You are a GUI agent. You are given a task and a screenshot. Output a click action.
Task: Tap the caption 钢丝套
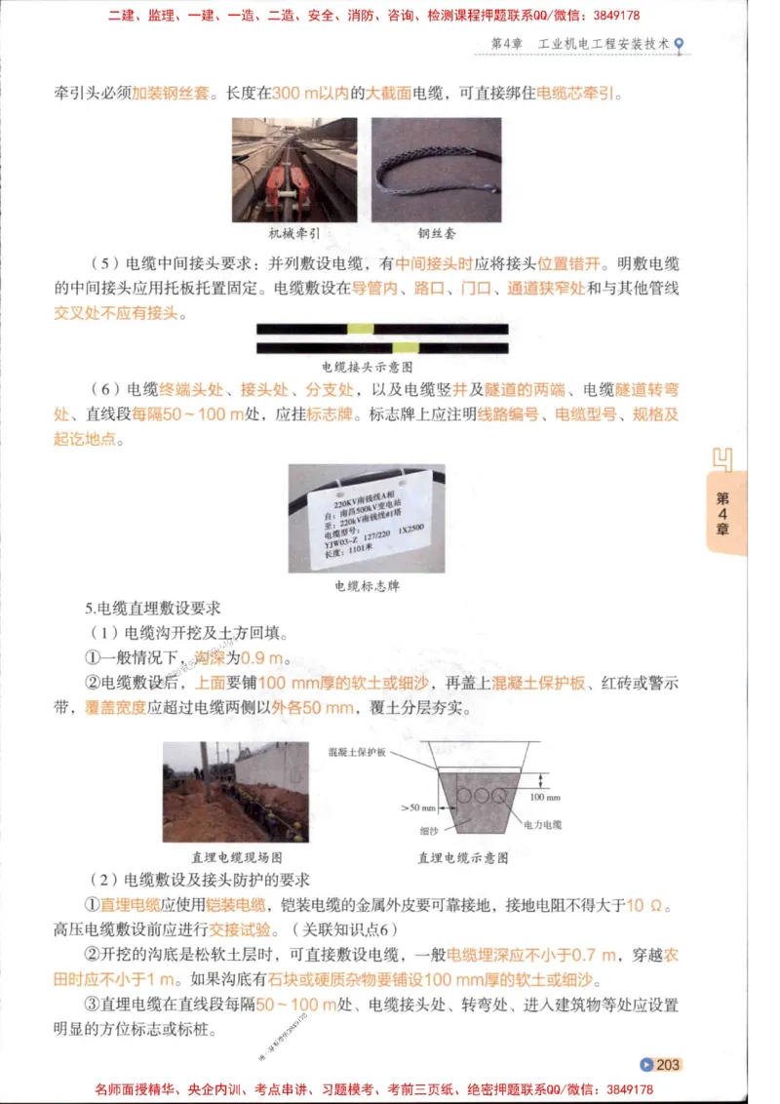click(436, 234)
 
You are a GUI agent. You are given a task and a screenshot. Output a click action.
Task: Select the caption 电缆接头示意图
click(368, 367)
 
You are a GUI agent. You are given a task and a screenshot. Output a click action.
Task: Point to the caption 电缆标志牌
click(367, 586)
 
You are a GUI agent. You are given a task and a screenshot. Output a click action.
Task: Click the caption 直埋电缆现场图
click(237, 857)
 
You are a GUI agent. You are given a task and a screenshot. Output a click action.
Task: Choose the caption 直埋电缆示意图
click(463, 857)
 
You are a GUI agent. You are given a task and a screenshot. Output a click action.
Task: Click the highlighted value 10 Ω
click(647, 904)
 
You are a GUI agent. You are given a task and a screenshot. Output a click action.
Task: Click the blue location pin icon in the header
click(679, 45)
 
